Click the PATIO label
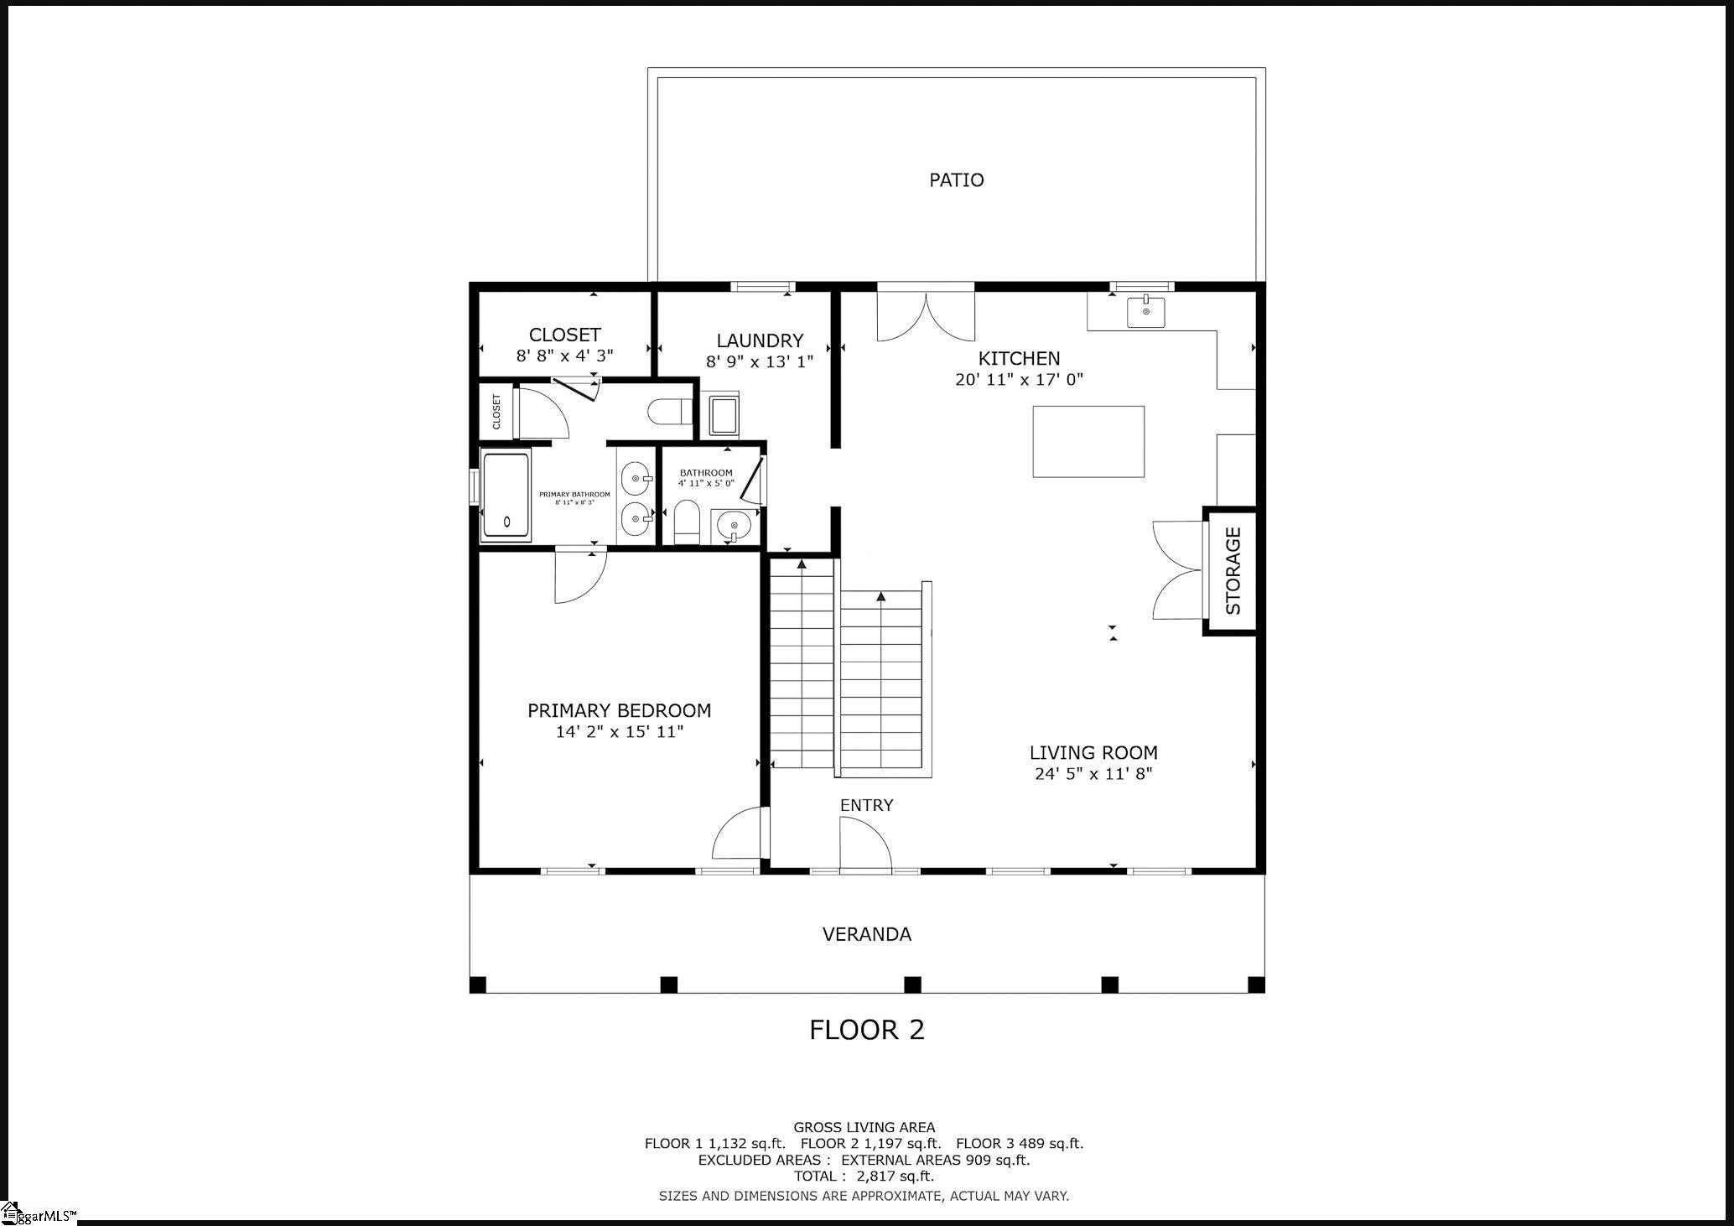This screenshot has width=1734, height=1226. click(956, 179)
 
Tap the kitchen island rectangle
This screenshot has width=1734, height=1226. click(1088, 441)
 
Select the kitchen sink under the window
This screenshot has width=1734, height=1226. click(1146, 313)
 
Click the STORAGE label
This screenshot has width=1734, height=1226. click(1233, 571)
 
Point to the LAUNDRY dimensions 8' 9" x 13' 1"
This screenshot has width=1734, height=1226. click(760, 361)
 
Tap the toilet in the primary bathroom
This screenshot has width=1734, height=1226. click(669, 412)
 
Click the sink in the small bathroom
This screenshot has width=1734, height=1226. click(735, 527)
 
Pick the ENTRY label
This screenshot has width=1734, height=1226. click(866, 805)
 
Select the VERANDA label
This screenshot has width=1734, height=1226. click(866, 934)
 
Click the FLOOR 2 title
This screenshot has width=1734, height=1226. click(866, 1030)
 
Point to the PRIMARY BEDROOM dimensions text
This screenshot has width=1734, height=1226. click(619, 732)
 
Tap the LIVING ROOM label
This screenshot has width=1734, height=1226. click(1093, 753)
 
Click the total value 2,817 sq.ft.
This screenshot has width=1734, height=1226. click(895, 1176)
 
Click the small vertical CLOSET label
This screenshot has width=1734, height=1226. click(496, 412)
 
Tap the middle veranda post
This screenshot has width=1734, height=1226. click(912, 984)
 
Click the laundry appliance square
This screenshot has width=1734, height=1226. click(723, 414)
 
